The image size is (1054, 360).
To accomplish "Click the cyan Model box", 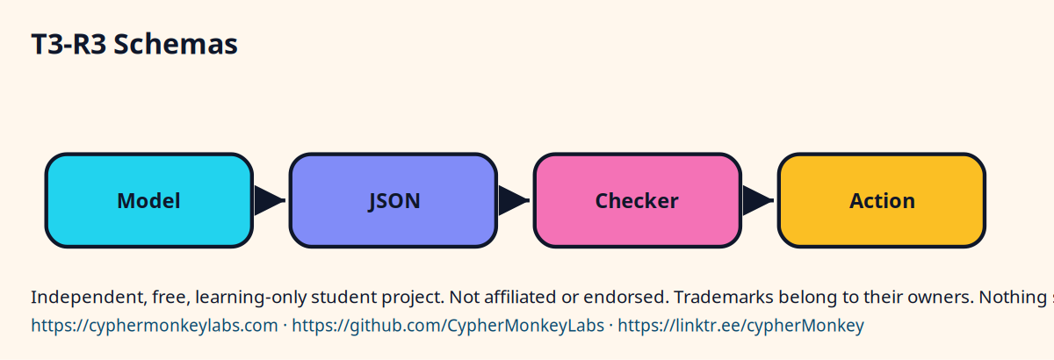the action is (149, 200).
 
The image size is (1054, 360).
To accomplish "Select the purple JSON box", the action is (393, 200).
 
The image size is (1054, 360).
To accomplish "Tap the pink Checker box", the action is (638, 200).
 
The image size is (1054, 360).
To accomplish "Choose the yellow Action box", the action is (882, 200).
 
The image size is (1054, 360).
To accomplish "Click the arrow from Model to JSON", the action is (270, 200).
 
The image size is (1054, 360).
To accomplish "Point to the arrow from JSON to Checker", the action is (514, 200).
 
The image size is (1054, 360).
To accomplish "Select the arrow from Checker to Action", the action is (758, 200).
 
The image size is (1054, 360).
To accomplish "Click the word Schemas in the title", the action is (176, 44).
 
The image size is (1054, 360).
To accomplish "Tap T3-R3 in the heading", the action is (69, 44).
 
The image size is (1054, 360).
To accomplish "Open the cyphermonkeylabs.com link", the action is (155, 326).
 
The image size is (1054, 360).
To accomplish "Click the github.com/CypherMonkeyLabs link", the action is (448, 326).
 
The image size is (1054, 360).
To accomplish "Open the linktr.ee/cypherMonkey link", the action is (740, 326).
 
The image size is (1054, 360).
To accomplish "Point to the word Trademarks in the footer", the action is (724, 298).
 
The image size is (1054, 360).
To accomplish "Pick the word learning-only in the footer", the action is (250, 298).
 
